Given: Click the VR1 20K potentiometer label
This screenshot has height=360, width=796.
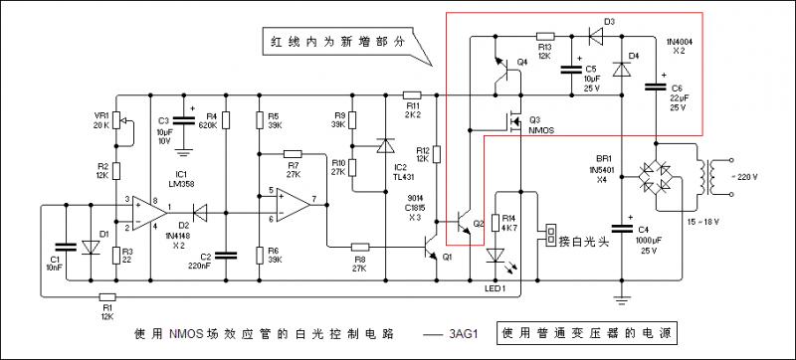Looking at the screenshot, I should coord(100,120).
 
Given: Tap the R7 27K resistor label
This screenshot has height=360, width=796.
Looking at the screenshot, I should coord(294,169).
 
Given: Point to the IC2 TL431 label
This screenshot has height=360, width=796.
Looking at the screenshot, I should coord(402,171).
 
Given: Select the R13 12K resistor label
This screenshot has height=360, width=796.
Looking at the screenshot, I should coord(544,52).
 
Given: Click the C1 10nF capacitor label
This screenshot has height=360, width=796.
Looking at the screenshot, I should coord(54,263).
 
